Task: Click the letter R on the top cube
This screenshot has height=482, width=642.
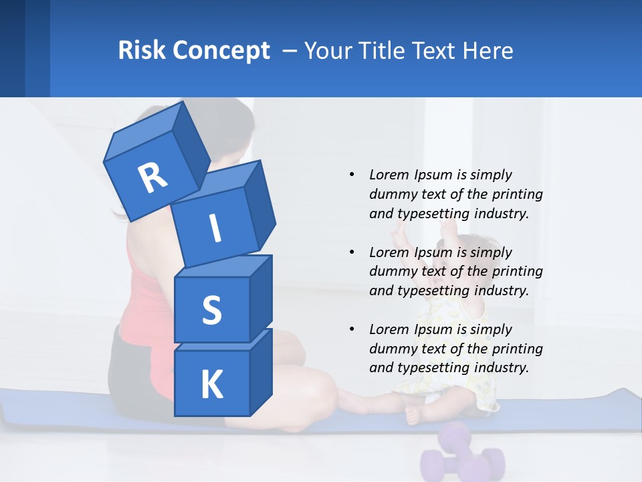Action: (x=152, y=177)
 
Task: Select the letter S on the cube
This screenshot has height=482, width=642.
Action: (x=211, y=311)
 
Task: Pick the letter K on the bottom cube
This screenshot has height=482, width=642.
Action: (x=211, y=385)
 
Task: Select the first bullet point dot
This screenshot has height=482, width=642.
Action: (x=352, y=175)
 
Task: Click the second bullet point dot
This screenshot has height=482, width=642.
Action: (x=352, y=252)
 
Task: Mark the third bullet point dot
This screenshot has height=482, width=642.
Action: (x=352, y=329)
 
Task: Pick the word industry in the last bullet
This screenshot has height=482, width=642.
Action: (x=501, y=368)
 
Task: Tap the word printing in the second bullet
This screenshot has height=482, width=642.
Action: (x=517, y=272)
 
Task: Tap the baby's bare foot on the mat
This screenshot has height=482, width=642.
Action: (x=414, y=415)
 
